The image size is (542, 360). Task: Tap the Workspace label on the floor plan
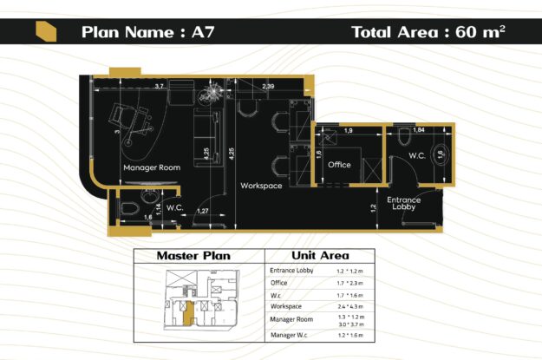(x=261, y=186)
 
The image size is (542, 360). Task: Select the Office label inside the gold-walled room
(x=339, y=164)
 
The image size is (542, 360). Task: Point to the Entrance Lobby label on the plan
(x=404, y=204)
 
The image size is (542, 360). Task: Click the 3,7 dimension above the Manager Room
(x=159, y=87)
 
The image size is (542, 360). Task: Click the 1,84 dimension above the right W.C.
(x=418, y=129)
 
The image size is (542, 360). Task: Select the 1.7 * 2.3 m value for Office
(x=351, y=283)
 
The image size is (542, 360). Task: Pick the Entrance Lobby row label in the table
(x=292, y=271)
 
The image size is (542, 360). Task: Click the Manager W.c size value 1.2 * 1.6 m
(x=351, y=334)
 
